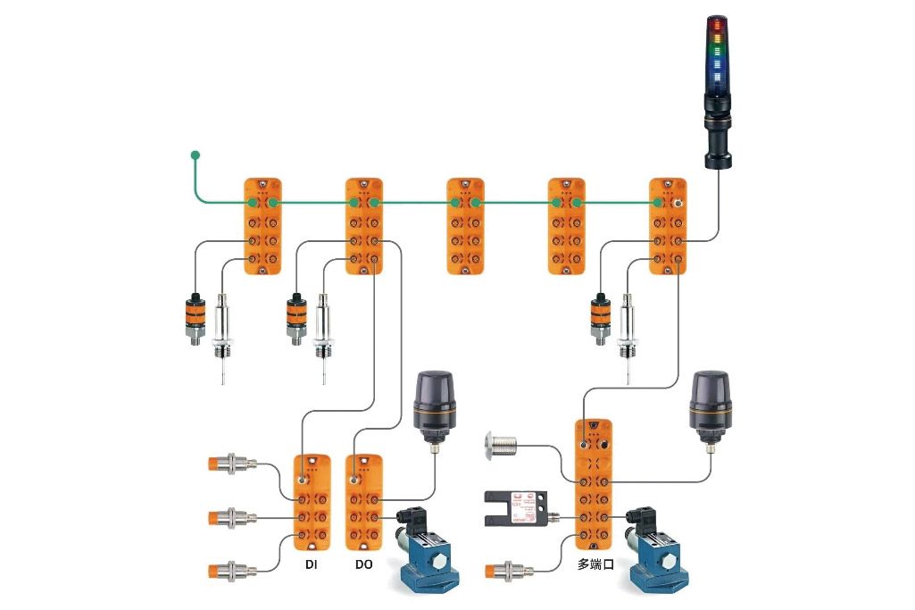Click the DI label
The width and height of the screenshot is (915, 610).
click(312, 565)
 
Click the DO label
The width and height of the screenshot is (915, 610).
click(363, 565)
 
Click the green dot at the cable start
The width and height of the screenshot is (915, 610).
click(195, 155)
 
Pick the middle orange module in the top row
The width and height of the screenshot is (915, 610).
click(465, 225)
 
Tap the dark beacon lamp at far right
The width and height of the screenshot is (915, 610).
click(711, 407)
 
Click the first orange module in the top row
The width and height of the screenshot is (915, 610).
click(263, 225)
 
